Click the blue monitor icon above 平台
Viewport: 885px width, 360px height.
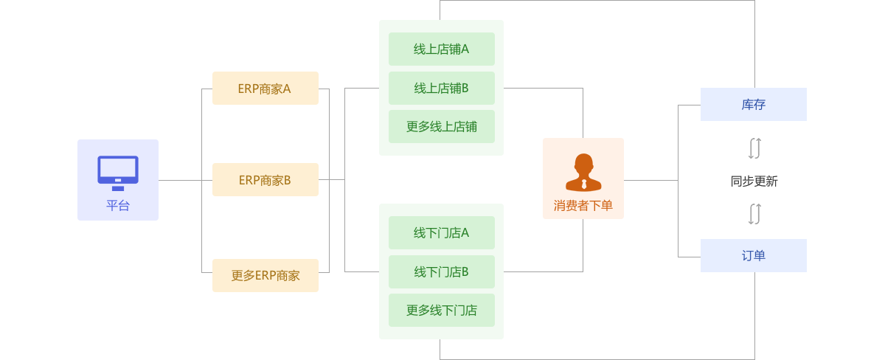118,172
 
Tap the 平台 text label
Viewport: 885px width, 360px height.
118,206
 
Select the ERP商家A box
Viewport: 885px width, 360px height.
265,89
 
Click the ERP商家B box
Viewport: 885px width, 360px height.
265,180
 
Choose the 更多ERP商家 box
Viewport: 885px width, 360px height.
265,276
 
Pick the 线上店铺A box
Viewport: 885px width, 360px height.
441,49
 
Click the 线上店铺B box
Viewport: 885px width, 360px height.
441,89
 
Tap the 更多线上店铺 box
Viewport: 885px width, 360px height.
441,127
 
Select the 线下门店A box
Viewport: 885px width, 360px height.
441,233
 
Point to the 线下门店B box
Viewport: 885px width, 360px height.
441,272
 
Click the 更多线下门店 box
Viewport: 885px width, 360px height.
441,311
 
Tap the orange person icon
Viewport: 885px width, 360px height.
583,173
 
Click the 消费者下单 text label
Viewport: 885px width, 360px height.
583,206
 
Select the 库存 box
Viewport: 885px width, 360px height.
753,105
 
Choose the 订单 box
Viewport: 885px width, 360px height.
753,255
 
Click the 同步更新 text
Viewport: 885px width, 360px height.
754,181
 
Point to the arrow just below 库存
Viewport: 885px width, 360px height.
757,148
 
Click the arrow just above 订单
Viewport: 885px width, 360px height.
757,214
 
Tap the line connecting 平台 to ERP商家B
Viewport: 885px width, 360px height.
179,180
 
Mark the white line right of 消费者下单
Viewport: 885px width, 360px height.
647,180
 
